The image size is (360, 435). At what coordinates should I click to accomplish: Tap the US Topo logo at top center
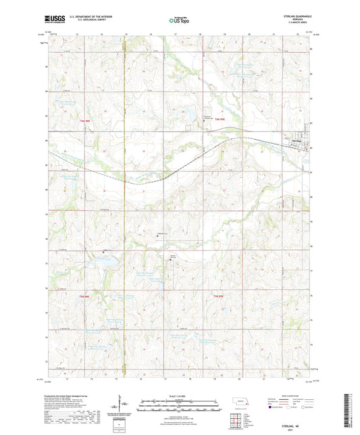point(178,21)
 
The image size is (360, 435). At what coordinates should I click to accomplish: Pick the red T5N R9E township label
point(218,297)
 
